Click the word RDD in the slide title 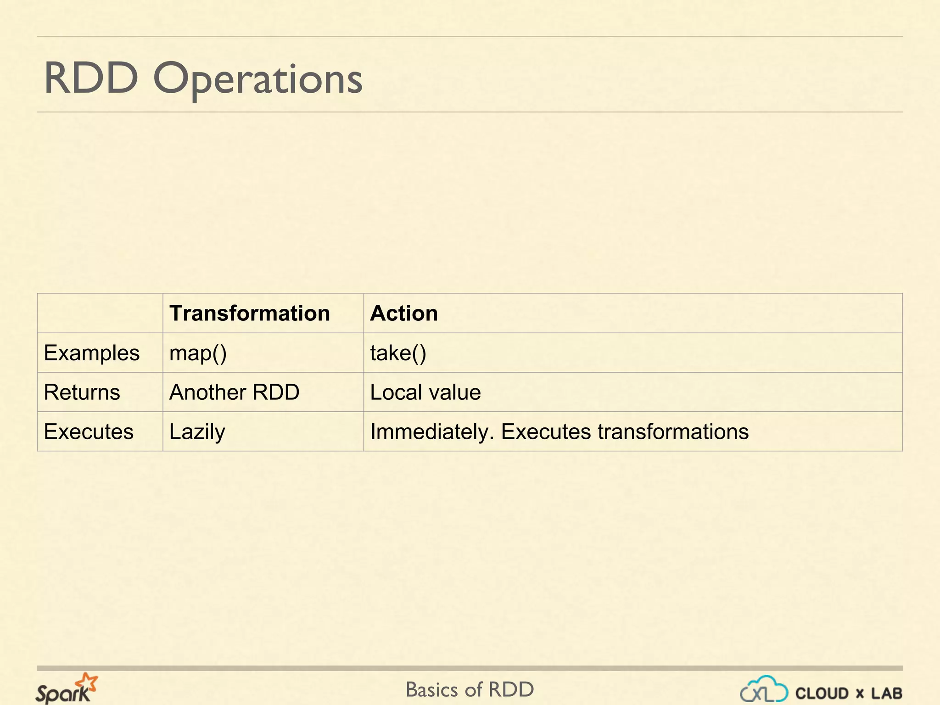click(91, 78)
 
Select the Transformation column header click(250, 313)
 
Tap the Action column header click(404, 313)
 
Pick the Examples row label click(92, 353)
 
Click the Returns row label click(82, 392)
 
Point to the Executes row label click(89, 432)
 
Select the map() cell click(198, 353)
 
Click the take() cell click(398, 353)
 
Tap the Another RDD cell click(235, 392)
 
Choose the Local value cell click(425, 392)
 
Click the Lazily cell click(197, 432)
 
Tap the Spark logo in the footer click(65, 689)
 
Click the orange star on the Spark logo click(87, 682)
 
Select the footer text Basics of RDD click(470, 689)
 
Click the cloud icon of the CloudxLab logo click(764, 689)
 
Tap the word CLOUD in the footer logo click(822, 694)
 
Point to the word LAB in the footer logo click(887, 694)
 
